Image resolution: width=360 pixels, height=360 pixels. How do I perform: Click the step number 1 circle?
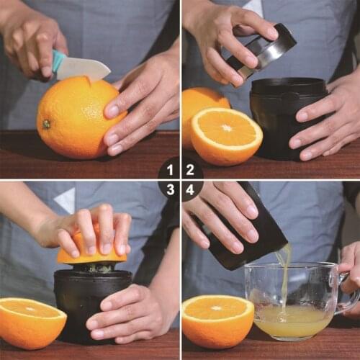click(x=170, y=170)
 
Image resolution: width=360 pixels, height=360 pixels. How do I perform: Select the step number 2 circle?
click(x=190, y=170)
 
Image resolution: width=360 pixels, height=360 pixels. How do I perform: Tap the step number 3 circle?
click(x=170, y=190)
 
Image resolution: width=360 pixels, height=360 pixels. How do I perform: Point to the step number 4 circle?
click(x=190, y=190)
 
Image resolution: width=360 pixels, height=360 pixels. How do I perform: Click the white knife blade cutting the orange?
click(x=84, y=68)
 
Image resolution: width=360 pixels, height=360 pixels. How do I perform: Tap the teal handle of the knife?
click(x=58, y=60)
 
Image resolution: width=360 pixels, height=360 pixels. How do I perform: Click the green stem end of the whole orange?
click(x=46, y=124)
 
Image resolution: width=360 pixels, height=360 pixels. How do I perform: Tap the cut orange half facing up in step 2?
click(x=227, y=135)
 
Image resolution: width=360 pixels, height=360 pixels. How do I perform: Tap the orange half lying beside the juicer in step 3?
click(x=30, y=320)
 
